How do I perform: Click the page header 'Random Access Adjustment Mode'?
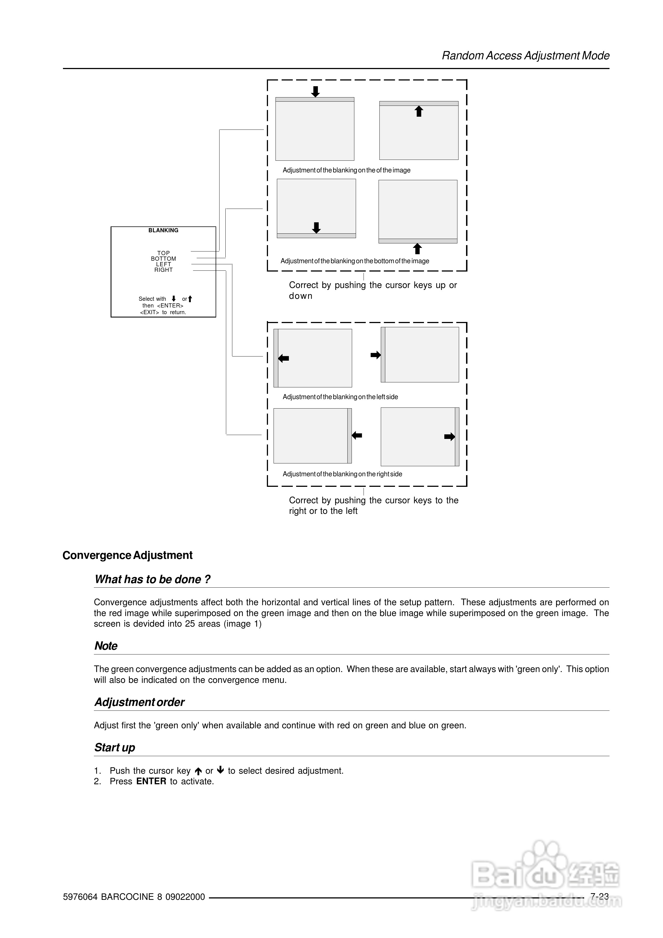(x=525, y=55)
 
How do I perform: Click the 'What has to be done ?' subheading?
(x=152, y=579)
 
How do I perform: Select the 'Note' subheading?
(x=106, y=646)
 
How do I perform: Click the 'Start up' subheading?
(x=114, y=748)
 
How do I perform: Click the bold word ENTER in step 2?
(x=151, y=781)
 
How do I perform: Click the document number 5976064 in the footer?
(x=80, y=897)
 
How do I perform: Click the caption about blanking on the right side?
(x=342, y=474)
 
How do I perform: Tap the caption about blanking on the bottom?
(x=354, y=261)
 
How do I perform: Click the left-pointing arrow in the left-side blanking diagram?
(x=283, y=358)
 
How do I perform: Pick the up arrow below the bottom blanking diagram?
(x=417, y=248)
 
